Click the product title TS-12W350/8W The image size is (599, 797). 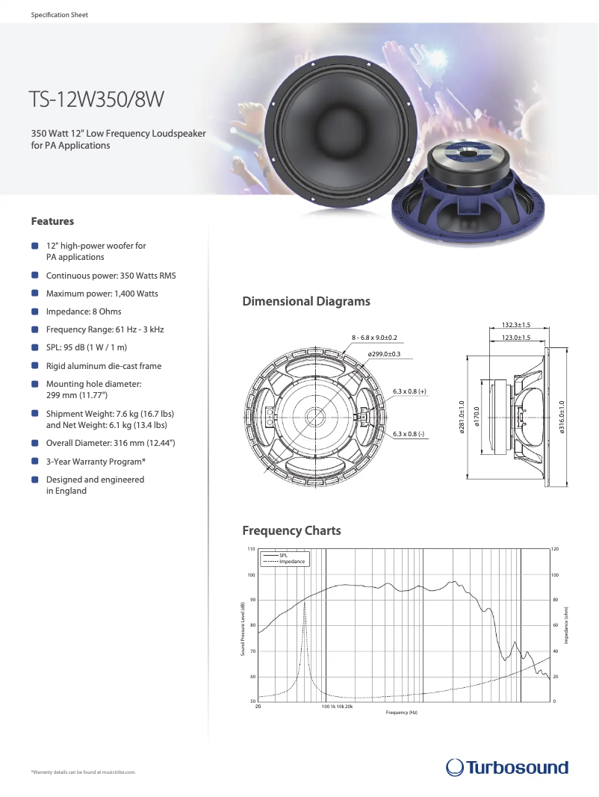pos(96,99)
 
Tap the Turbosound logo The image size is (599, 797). pos(506,767)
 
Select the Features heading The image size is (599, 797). pos(52,221)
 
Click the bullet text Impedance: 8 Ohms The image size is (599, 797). pos(84,311)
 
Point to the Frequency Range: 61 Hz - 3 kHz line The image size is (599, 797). pos(105,329)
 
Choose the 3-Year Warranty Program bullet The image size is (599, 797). pos(96,462)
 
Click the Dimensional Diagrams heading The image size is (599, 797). pos(305,302)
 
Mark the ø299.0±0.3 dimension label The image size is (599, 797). pos(384,353)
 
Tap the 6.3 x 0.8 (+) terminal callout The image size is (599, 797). pos(409,391)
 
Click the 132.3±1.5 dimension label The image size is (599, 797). pos(515,325)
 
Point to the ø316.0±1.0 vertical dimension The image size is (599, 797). pos(562,417)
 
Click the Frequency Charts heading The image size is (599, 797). pos(291,531)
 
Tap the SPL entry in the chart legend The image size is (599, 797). pos(283,556)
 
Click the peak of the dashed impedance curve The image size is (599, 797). pos(305,602)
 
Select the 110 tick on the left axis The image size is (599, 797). pos(251,549)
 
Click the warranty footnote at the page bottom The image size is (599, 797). pos(83,772)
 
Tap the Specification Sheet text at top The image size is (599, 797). pos(59,15)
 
